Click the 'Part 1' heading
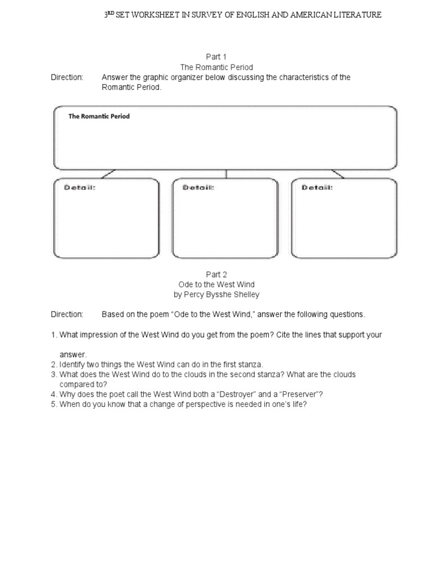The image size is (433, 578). tap(216, 56)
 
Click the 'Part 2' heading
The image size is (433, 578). tap(216, 274)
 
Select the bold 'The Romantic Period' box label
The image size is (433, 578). tap(99, 116)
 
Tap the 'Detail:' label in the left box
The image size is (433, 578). tap(79, 187)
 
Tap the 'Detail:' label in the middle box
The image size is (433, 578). tap(198, 187)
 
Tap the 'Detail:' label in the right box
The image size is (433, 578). tap(317, 187)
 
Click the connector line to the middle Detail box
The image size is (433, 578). tap(226, 174)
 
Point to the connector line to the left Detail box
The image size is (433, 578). tap(108, 173)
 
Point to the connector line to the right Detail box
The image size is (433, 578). tap(338, 173)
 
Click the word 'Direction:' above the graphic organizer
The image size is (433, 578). tap(67, 77)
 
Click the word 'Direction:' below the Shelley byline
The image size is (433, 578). tap(67, 314)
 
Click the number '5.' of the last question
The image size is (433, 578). tap(54, 404)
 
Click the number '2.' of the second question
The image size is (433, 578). tap(54, 365)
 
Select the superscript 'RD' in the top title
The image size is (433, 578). tap(111, 13)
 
